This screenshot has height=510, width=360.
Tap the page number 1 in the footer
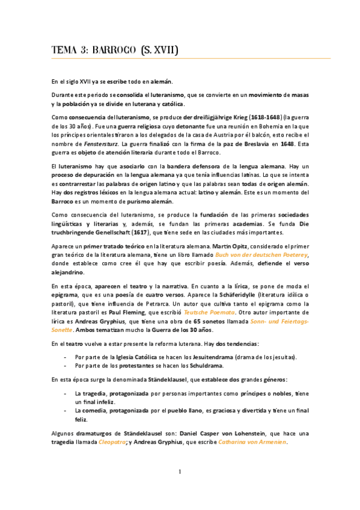coord(180,488)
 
